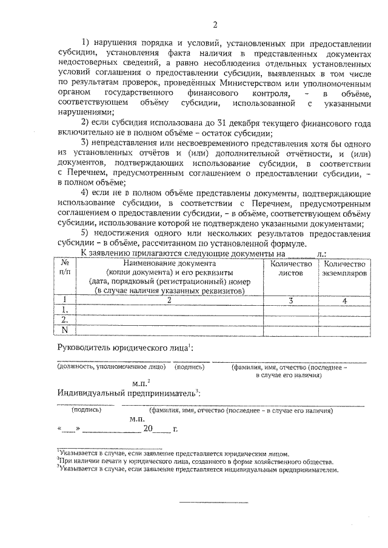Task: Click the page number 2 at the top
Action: [x=214, y=25]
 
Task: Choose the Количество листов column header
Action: [x=290, y=268]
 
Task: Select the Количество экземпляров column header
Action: [x=344, y=268]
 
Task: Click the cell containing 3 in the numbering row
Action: [x=290, y=299]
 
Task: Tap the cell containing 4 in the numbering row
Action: [x=344, y=299]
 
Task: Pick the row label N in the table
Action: [x=65, y=329]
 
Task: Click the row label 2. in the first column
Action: [x=65, y=319]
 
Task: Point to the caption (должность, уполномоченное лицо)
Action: [x=111, y=367]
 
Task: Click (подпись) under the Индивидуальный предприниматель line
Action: [x=87, y=409]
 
